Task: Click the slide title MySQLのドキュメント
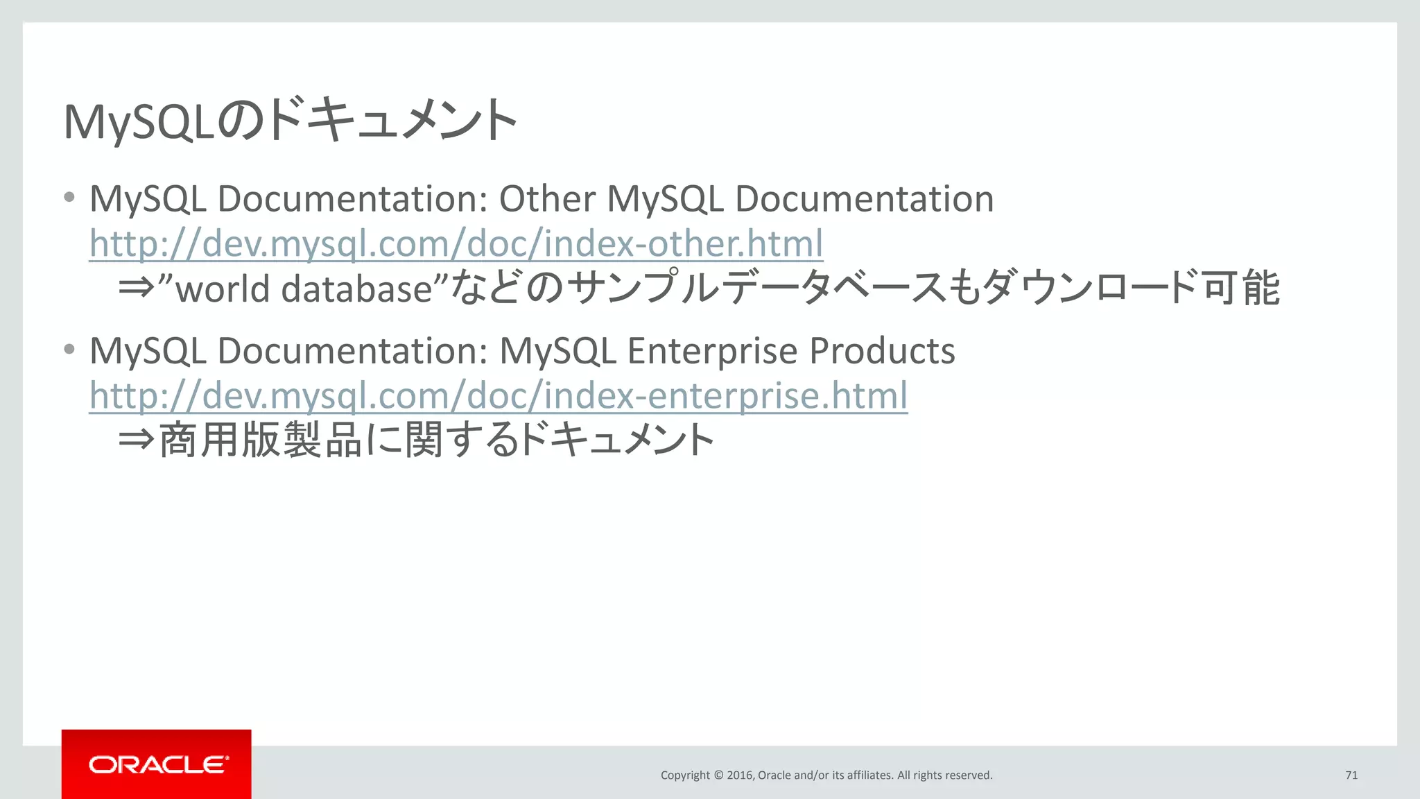(290, 121)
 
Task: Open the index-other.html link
(456, 243)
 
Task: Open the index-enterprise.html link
(499, 395)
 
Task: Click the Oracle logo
(157, 764)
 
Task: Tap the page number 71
(1351, 775)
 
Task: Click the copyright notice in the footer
(826, 775)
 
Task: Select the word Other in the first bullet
(547, 199)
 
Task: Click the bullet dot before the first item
(69, 198)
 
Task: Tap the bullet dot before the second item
(69, 350)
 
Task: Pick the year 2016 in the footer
(739, 775)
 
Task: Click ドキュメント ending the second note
(616, 440)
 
